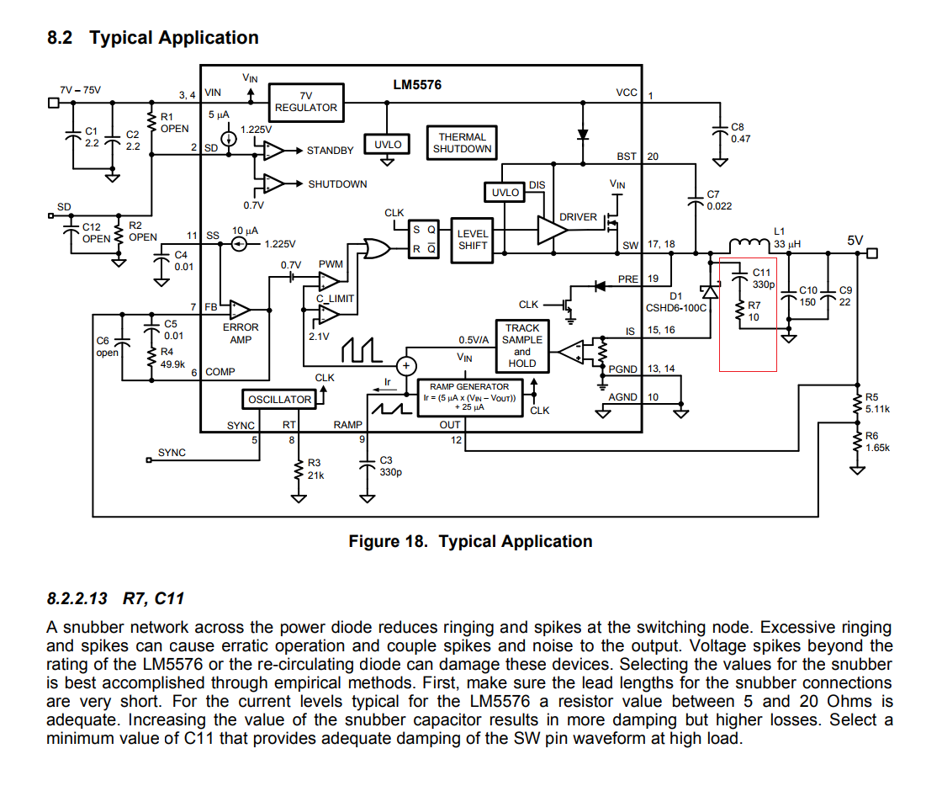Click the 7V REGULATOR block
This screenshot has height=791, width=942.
(x=306, y=102)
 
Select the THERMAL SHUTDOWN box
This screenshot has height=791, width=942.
(x=462, y=143)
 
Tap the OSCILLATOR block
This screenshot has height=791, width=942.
(x=279, y=399)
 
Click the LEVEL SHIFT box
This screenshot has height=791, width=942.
(x=473, y=240)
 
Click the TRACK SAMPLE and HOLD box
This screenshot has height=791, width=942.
(x=521, y=346)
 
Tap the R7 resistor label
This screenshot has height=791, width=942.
(x=754, y=311)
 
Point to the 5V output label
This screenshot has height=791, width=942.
(x=855, y=240)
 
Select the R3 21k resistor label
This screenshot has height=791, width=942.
(x=315, y=469)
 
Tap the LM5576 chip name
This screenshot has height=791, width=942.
(x=416, y=85)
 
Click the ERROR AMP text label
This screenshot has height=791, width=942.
(x=241, y=333)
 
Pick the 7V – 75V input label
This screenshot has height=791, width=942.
(x=80, y=90)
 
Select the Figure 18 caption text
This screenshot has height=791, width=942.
(x=470, y=542)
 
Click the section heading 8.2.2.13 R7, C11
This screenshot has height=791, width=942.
(x=115, y=598)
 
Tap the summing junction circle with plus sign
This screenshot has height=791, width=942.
(x=406, y=365)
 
